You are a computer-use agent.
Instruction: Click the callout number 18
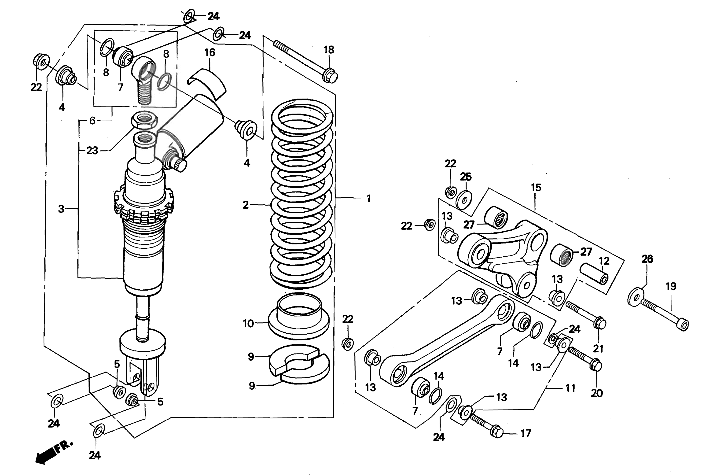click(x=329, y=50)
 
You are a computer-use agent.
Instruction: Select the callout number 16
click(x=210, y=53)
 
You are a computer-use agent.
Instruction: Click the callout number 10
click(x=248, y=324)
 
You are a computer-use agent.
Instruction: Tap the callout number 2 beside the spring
click(x=246, y=205)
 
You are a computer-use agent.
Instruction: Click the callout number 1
click(x=368, y=199)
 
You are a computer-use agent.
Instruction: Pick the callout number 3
click(x=61, y=209)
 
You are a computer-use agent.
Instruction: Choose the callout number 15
click(x=536, y=188)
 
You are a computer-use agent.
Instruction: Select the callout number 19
click(x=671, y=286)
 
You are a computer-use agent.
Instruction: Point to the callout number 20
click(x=597, y=393)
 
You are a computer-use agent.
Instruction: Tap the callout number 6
click(x=92, y=121)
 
